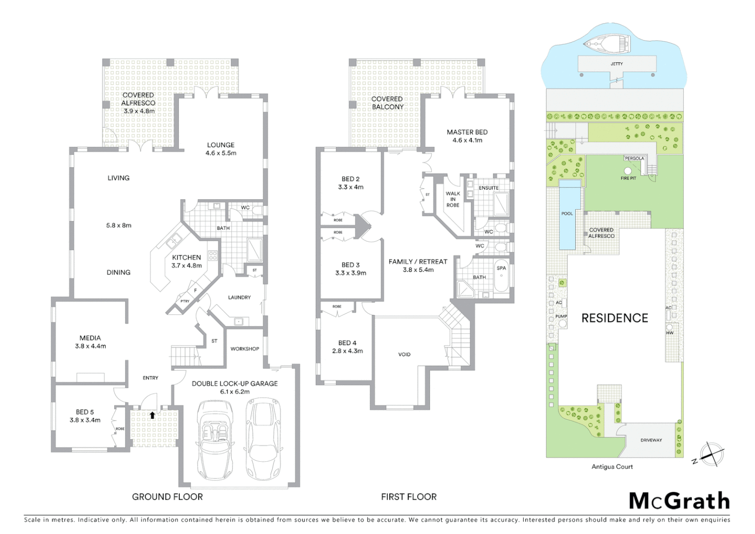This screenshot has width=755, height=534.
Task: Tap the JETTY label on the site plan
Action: pos(617,64)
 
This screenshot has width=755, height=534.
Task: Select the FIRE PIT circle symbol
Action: pos(628,171)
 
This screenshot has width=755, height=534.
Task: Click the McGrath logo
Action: pos(679,501)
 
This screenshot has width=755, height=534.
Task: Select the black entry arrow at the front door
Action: pos(152,415)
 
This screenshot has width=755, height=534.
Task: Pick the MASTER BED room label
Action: pos(467,133)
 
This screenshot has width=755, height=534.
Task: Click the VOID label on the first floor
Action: pos(404,355)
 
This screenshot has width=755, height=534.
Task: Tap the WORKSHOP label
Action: pos(245,349)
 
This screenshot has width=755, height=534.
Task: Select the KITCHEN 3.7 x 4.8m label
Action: pos(186,261)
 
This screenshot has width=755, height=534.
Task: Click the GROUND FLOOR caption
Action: pos(167,497)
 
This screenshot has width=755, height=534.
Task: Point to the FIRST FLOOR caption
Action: pos(409,497)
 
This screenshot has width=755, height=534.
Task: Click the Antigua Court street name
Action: pos(612,467)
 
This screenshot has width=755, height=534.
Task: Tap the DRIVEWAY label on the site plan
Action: pos(651,440)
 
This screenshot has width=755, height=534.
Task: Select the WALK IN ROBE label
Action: pos(453,199)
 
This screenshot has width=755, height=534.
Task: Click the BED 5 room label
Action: pos(84,412)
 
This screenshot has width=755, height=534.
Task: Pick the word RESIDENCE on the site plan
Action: pos(615,318)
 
